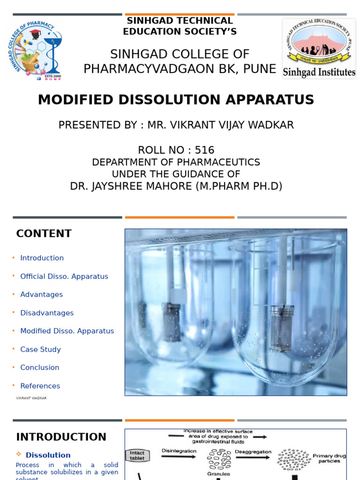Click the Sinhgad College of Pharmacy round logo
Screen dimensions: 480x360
click(x=34, y=50)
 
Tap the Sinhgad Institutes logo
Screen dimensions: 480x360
click(x=319, y=48)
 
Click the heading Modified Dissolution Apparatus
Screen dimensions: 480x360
click(x=176, y=100)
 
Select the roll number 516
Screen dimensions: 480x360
click(x=176, y=150)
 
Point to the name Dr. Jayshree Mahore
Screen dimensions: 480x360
click(x=176, y=186)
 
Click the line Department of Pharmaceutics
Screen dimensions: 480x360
click(x=176, y=162)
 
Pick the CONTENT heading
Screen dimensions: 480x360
click(x=44, y=233)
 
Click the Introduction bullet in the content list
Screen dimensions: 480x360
click(x=42, y=258)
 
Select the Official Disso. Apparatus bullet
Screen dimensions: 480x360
click(x=64, y=277)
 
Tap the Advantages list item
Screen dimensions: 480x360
click(x=41, y=294)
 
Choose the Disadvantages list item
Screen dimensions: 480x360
click(x=47, y=313)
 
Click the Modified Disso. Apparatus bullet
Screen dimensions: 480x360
click(x=67, y=331)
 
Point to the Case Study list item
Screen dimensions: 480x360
click(x=40, y=349)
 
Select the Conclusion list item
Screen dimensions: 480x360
click(x=39, y=367)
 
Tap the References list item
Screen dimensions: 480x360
click(x=40, y=386)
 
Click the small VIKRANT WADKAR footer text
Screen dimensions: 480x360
click(x=31, y=398)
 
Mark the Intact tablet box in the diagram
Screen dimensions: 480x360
click(x=137, y=455)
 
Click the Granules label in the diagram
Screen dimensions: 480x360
click(x=219, y=474)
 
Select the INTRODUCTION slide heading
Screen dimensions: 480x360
click(x=61, y=437)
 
